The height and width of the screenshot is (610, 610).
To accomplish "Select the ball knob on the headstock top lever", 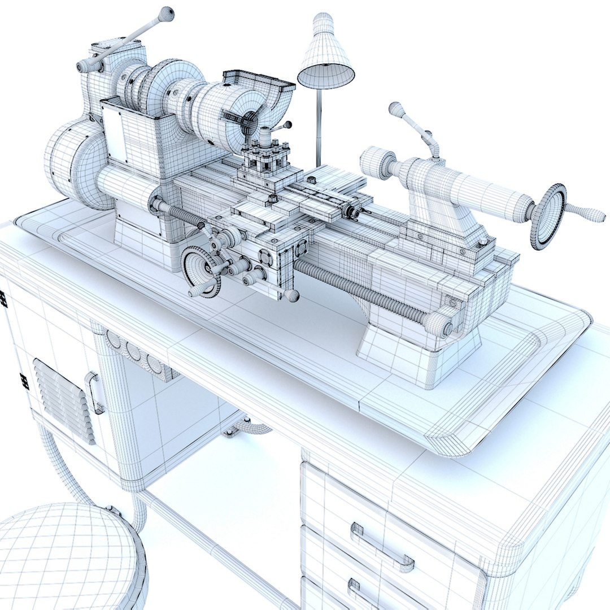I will (165, 14).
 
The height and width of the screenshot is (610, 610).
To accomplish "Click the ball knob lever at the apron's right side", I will (291, 295).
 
